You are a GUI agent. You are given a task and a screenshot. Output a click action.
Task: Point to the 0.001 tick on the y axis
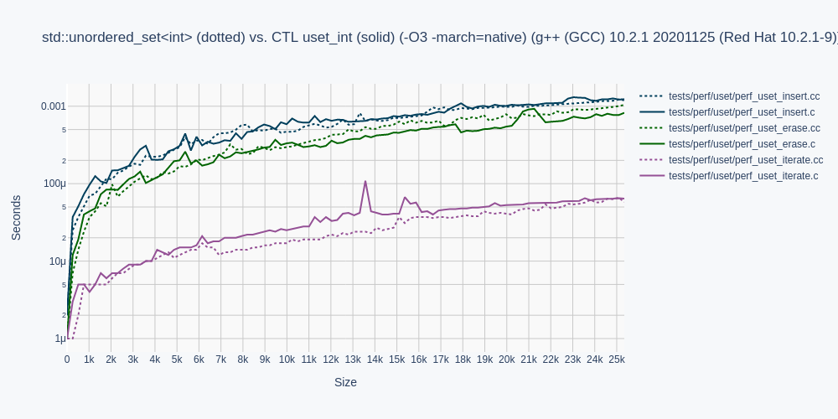[x=53, y=106]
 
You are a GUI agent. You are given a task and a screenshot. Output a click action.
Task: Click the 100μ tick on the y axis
[x=54, y=184]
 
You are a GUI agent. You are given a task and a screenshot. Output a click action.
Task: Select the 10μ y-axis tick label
[x=57, y=261]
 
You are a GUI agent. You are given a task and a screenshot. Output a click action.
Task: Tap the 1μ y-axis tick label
[x=59, y=339]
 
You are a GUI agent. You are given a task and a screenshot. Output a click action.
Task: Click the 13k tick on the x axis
[x=353, y=360]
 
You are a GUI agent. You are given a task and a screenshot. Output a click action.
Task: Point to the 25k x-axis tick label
[x=616, y=360]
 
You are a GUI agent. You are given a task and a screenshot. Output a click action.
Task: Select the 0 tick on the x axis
[x=67, y=360]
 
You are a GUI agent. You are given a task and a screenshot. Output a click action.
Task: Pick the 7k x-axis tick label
[x=221, y=360]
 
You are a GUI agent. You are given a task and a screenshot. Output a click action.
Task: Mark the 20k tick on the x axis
[x=506, y=360]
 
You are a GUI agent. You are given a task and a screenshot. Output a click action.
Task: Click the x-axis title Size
[x=345, y=382]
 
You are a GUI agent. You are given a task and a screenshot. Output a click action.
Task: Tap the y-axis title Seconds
[x=17, y=218]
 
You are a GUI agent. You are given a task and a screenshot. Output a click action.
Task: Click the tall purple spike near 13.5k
[x=365, y=182]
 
